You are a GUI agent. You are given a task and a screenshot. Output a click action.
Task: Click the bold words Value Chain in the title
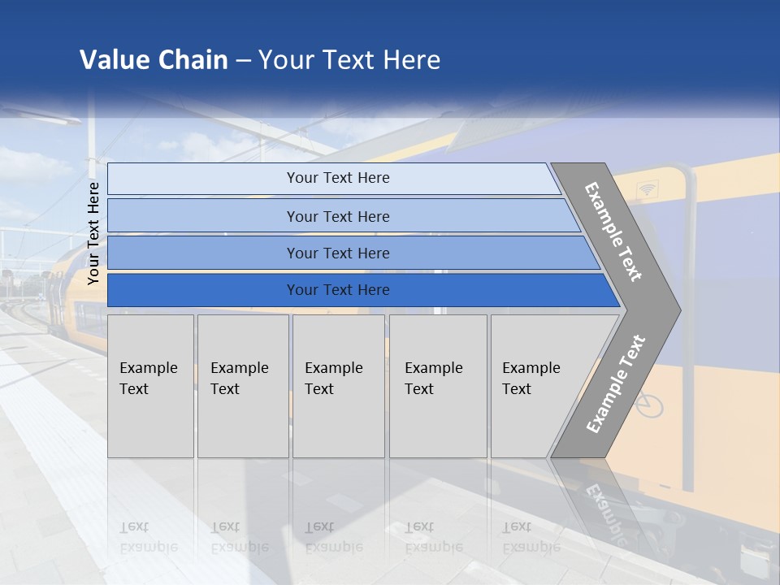click(154, 60)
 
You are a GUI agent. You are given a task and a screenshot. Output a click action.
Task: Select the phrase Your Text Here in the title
click(349, 60)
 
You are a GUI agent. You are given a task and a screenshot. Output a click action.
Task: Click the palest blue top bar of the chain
click(337, 178)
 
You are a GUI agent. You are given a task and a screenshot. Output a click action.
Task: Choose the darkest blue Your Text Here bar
click(337, 290)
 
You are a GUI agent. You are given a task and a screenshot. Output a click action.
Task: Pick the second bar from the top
click(337, 216)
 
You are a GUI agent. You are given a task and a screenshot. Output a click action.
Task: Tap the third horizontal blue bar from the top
click(337, 253)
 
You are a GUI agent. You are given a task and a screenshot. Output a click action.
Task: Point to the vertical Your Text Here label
click(93, 233)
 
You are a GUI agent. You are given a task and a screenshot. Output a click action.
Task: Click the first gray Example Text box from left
click(150, 386)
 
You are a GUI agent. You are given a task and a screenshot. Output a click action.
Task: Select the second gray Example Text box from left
click(242, 386)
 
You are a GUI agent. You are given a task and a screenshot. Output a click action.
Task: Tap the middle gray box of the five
click(338, 386)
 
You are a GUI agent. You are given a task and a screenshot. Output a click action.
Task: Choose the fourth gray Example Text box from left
click(437, 386)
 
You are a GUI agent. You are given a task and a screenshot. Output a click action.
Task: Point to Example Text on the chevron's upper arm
click(613, 232)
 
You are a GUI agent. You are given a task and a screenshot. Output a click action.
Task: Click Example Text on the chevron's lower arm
click(616, 383)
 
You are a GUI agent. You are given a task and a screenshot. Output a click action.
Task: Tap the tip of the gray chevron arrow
click(676, 310)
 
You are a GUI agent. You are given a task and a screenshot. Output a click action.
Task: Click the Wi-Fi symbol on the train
click(648, 189)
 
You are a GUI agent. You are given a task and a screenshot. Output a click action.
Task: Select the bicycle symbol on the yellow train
click(648, 404)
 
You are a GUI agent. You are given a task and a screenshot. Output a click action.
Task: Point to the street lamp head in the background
click(62, 120)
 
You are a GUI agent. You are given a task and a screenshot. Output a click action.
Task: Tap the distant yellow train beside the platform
click(69, 284)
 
